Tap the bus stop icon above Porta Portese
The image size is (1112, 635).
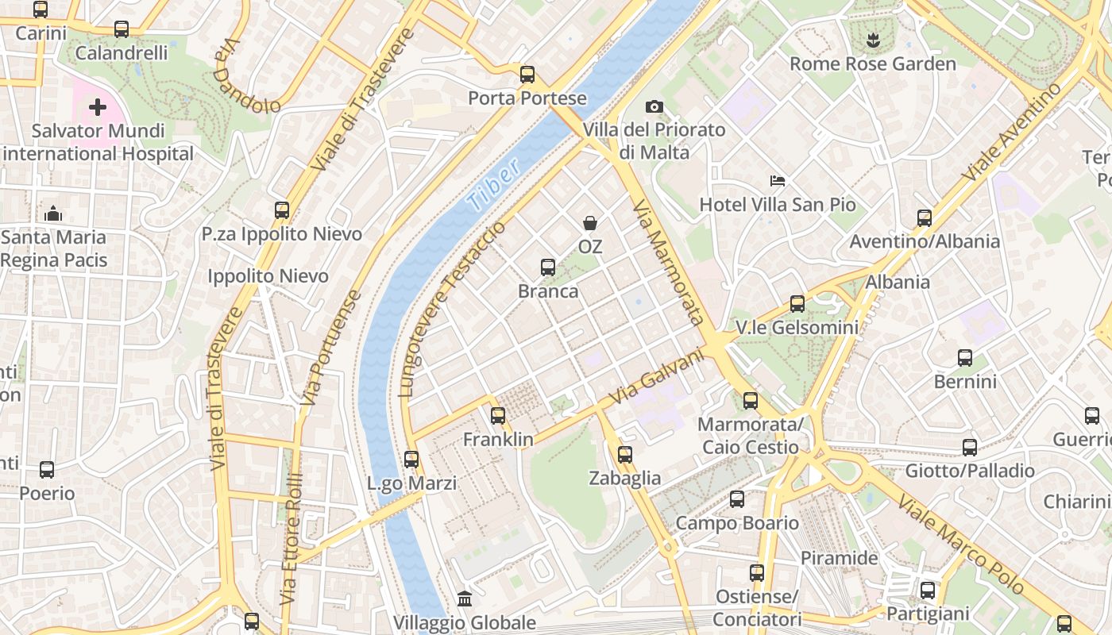[x=527, y=75]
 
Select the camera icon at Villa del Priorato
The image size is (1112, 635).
[x=654, y=106]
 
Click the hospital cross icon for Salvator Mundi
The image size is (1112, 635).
[x=98, y=107]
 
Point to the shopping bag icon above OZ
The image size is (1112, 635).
[x=590, y=223]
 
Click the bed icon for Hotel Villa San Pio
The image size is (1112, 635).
[x=778, y=182]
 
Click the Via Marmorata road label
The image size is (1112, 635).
[x=669, y=263]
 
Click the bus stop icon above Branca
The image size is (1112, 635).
[x=548, y=267]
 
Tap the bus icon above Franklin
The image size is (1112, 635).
[x=498, y=415]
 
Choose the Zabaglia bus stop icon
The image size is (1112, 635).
[x=625, y=454]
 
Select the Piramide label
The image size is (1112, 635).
[x=839, y=558]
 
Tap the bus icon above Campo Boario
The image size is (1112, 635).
[x=737, y=499]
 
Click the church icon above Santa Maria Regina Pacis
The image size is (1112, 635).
[x=53, y=214]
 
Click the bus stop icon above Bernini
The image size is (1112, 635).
[x=965, y=358]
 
